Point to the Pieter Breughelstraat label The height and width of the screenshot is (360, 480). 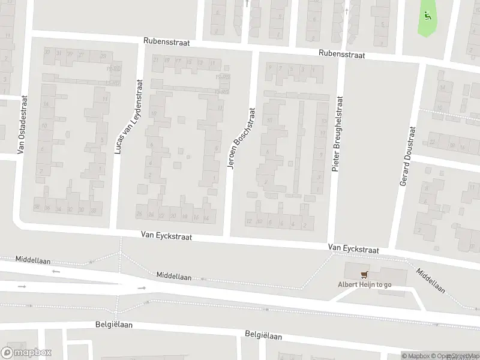(338, 134)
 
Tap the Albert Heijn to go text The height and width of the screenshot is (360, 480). (364, 284)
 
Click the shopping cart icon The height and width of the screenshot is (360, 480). (364, 275)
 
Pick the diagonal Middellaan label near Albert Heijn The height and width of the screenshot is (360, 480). (431, 280)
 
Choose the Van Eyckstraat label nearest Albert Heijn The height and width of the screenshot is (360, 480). (353, 248)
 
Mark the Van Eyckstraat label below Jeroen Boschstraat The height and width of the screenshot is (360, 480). (166, 237)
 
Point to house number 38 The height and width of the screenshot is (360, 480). (37, 208)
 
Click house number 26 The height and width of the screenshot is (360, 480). (140, 214)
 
